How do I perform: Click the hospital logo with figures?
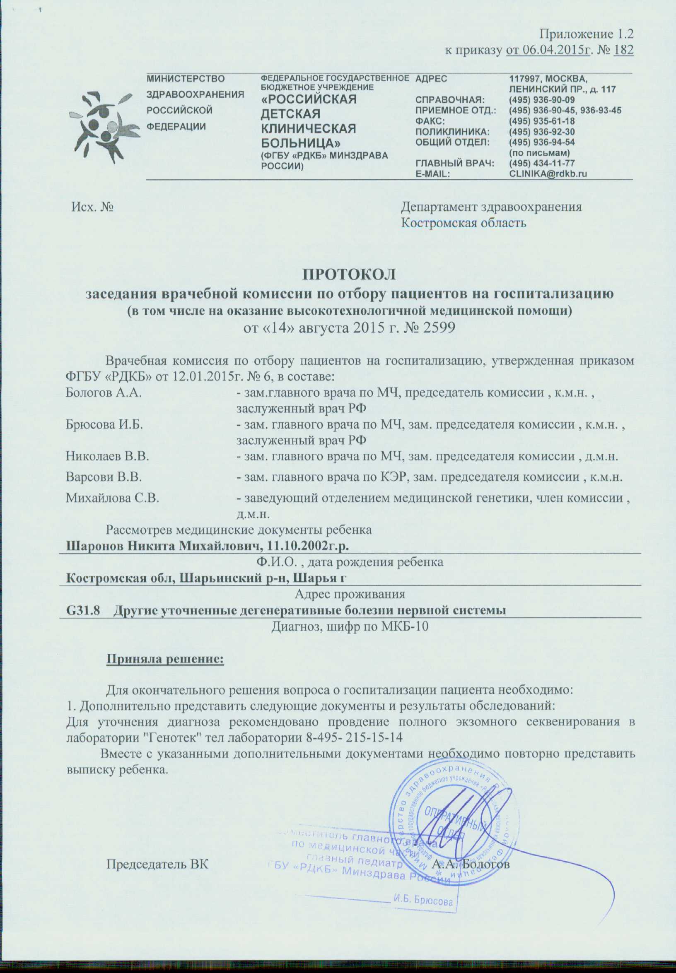[100, 128]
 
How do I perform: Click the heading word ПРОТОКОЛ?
[349, 274]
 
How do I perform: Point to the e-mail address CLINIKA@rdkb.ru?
[548, 173]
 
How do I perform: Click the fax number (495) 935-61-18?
[542, 121]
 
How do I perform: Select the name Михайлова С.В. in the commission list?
[112, 498]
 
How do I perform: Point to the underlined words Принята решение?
[164, 659]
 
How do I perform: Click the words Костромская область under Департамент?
[464, 223]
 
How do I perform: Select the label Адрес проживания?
[350, 594]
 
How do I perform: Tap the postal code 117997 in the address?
[525, 79]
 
